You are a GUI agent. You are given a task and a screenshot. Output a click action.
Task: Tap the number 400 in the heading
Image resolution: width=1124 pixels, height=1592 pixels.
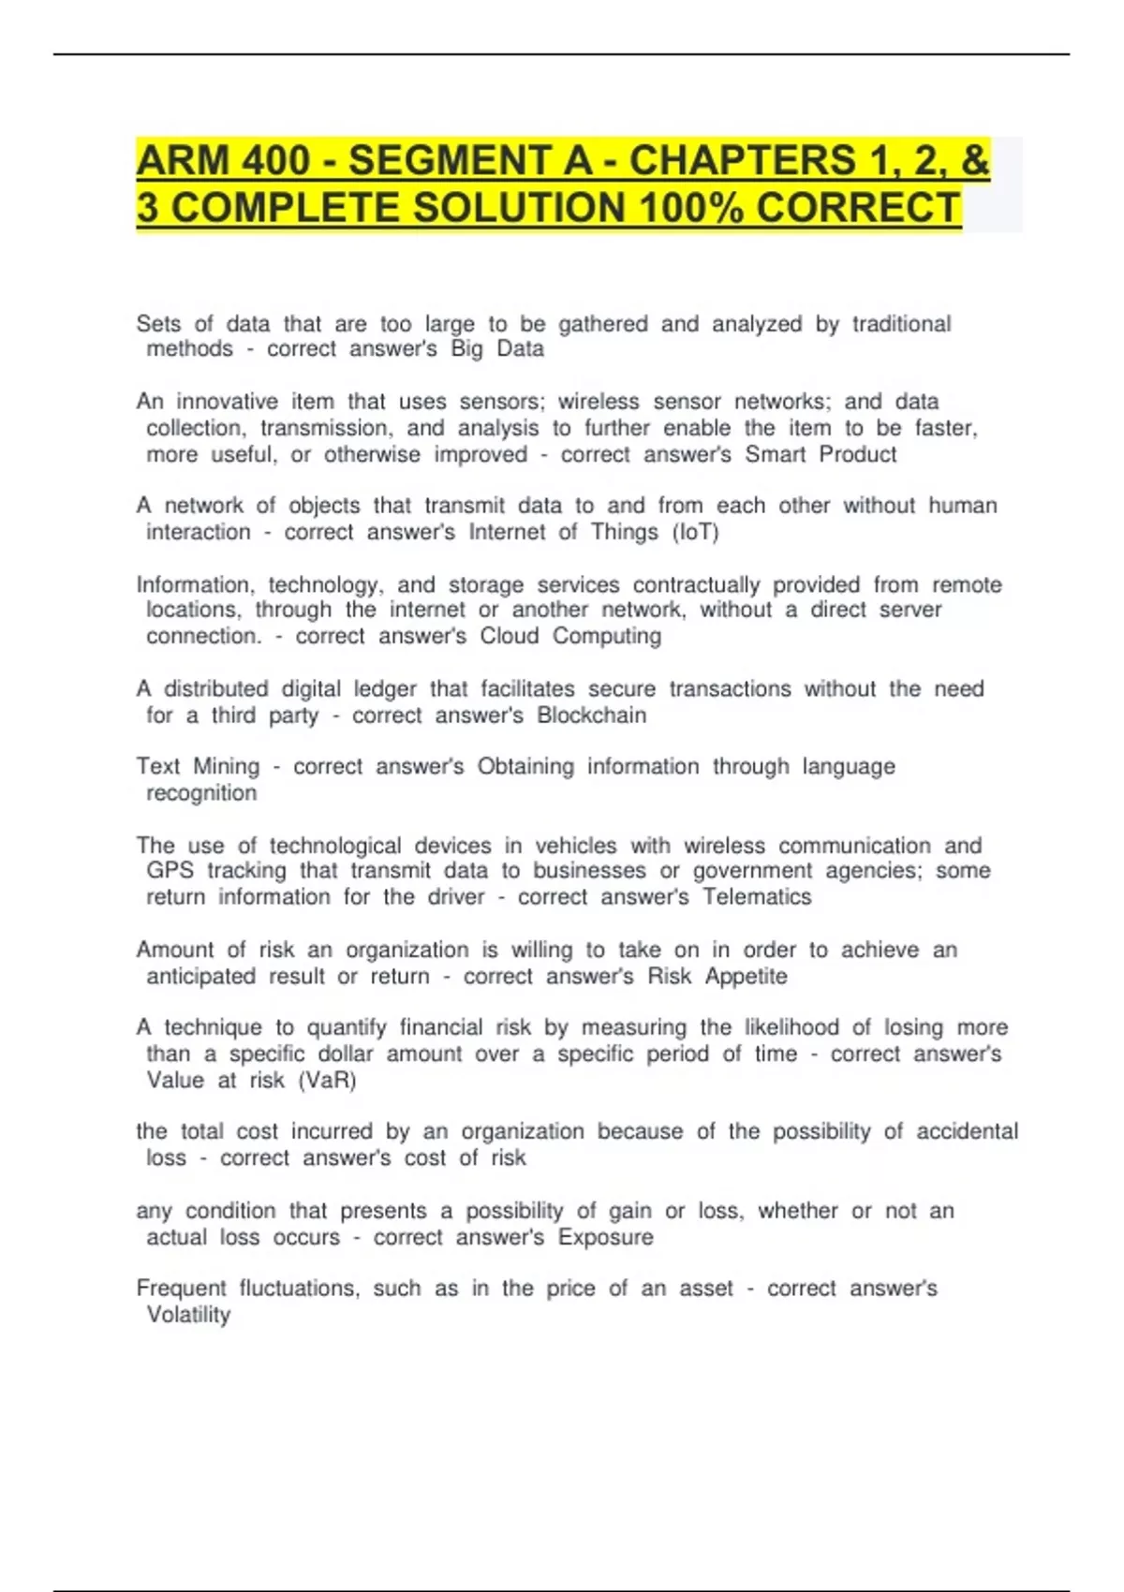[275, 160]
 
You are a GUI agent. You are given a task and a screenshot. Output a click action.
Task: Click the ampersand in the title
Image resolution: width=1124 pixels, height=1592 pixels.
[975, 160]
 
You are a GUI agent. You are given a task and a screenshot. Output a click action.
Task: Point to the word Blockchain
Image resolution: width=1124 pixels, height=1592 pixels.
[591, 715]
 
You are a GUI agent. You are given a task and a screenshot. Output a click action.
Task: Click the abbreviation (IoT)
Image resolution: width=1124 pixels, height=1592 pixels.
[695, 533]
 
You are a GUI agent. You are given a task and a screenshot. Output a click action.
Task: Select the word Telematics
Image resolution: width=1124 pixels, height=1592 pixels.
[757, 897]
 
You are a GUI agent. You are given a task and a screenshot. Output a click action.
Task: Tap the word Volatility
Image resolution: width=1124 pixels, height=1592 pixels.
[188, 1315]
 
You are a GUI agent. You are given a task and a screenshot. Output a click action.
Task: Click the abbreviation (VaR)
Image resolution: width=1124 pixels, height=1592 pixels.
[327, 1081]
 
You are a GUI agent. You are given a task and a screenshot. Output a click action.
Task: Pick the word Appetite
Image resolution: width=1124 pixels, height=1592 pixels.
[746, 977]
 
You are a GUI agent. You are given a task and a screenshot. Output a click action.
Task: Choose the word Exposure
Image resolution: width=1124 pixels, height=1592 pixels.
[605, 1237]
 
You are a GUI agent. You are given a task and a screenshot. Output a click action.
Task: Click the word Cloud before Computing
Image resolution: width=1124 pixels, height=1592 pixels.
[510, 637]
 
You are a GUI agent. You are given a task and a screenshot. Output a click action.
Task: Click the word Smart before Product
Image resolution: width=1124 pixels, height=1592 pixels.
[775, 455]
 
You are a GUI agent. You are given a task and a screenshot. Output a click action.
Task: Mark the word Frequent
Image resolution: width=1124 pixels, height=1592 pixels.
[181, 1289]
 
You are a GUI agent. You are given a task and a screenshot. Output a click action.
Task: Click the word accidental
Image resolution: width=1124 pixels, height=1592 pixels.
[967, 1131]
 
